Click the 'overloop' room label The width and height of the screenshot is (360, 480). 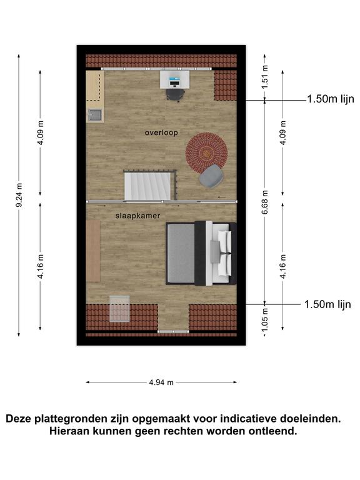point(161,132)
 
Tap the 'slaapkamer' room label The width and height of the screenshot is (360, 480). point(137,216)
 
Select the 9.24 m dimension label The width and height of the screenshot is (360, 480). point(19,195)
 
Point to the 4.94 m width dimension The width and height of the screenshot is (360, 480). point(161,382)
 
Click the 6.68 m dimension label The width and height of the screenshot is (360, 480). point(265,202)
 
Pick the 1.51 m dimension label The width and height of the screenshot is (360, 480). point(265,77)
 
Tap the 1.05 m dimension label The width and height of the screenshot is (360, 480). point(265,319)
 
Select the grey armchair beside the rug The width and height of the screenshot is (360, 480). point(211,176)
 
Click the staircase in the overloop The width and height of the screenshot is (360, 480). point(147,186)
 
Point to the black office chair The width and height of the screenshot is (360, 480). point(175,94)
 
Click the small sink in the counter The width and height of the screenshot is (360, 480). point(95,115)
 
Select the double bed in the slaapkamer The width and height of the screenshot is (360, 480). point(201,254)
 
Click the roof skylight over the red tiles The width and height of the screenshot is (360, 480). point(119,309)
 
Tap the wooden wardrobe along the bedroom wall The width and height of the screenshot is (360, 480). point(93,251)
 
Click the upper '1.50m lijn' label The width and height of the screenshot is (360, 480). point(331,99)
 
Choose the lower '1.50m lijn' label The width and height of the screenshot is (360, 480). point(327,304)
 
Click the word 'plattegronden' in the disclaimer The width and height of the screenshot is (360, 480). point(70,419)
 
